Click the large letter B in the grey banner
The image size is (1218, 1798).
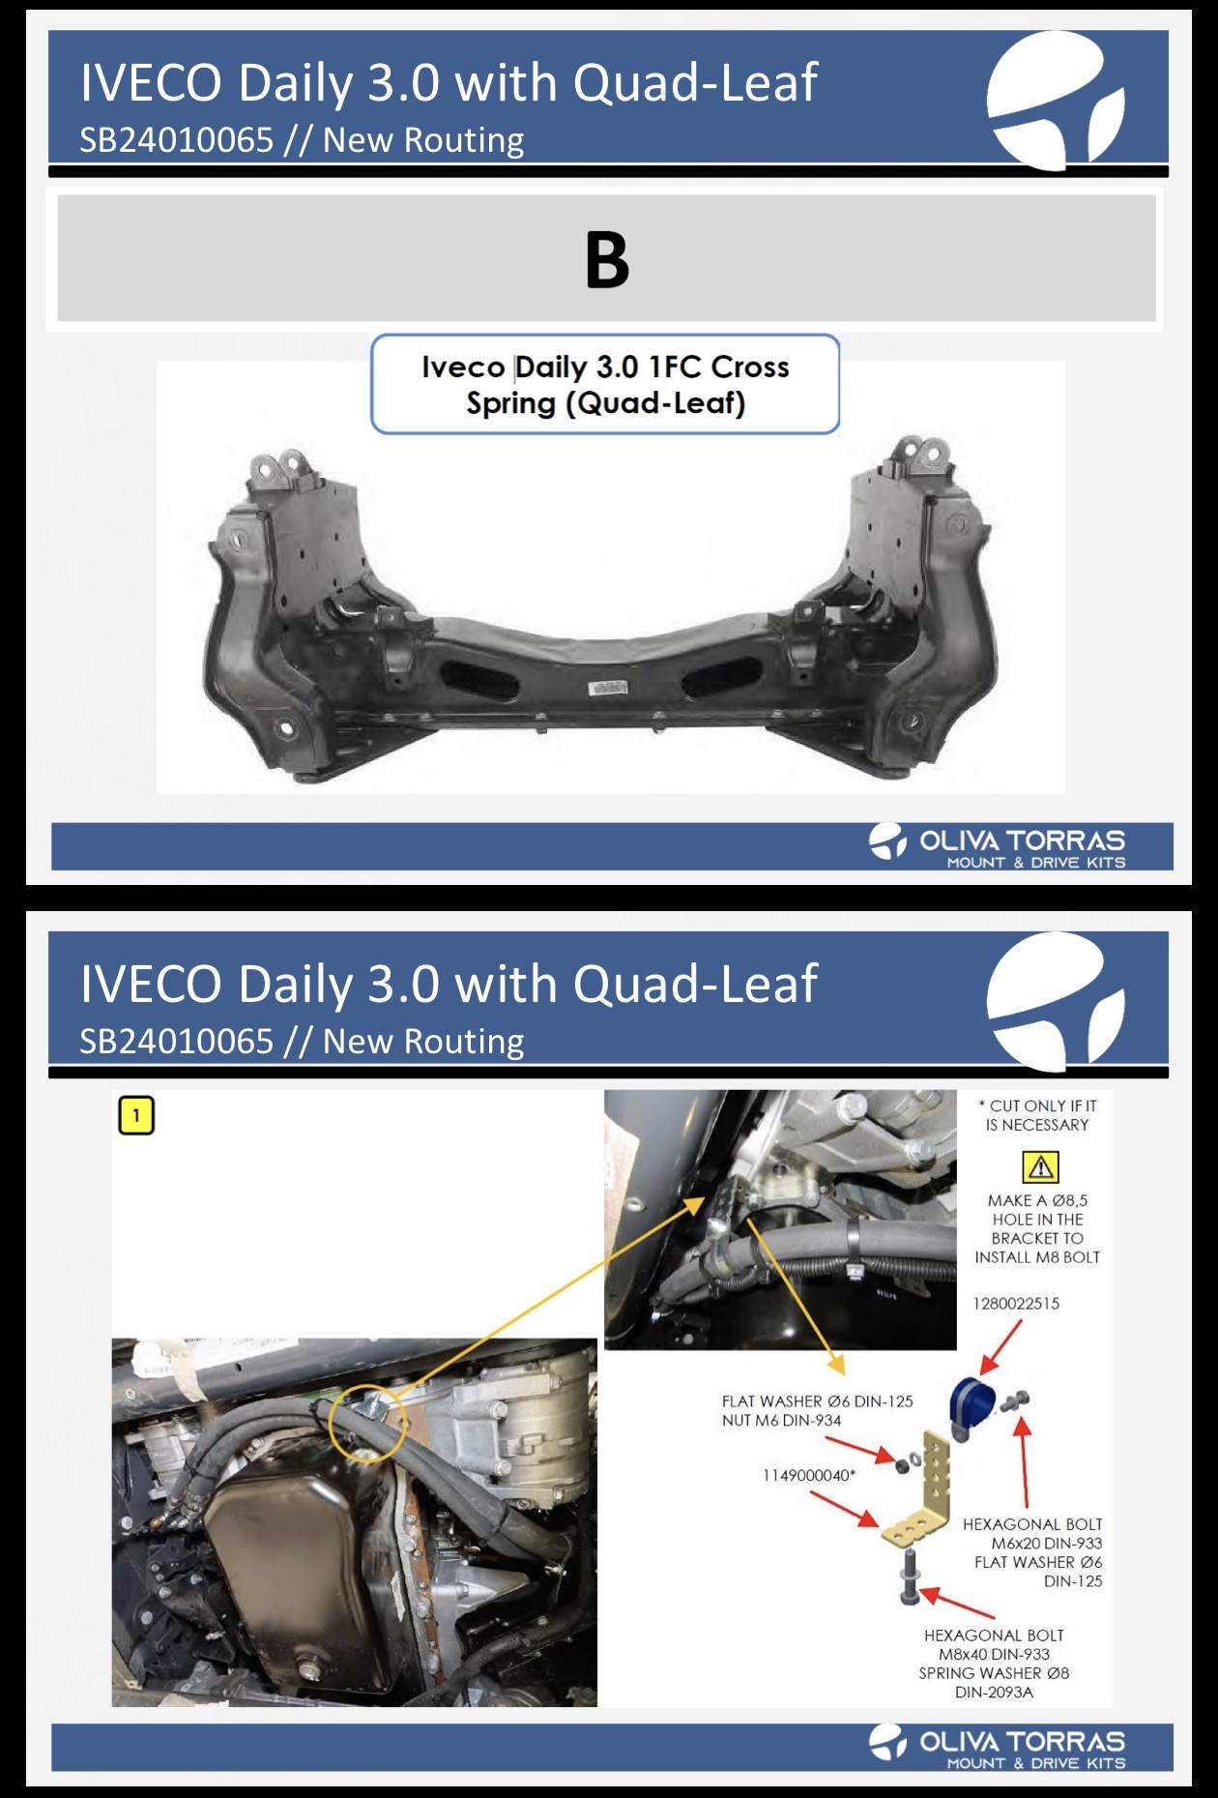coord(607,259)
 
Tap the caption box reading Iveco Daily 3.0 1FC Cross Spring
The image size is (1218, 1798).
coord(605,384)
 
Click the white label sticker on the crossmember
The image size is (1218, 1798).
coord(608,688)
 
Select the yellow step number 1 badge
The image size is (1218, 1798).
coord(136,1115)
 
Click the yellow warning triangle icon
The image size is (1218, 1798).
coord(1040,1167)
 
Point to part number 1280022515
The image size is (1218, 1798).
coord(1016,1304)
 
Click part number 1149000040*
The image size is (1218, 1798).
coord(809,1475)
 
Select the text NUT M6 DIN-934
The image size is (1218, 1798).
coord(781,1420)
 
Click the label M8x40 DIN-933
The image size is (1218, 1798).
coord(994,1654)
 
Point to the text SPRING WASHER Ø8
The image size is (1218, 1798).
coord(994,1673)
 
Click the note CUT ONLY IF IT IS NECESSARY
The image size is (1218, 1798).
coord(1037,1115)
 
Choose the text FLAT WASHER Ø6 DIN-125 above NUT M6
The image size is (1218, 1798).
coord(817,1401)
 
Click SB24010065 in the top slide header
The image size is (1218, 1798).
coord(177,140)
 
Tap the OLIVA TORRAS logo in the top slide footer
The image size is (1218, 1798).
coord(997,845)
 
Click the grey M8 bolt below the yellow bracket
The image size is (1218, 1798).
coord(911,1576)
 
